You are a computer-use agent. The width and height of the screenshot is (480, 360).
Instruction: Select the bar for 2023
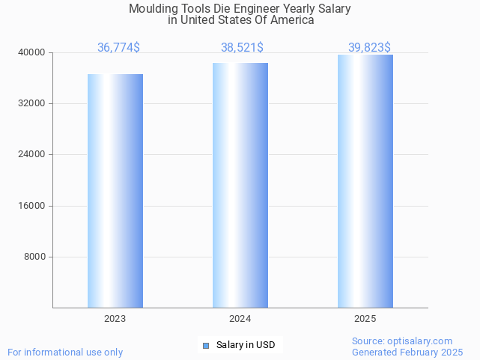tap(115, 191)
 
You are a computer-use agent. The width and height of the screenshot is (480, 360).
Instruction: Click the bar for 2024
tap(240, 185)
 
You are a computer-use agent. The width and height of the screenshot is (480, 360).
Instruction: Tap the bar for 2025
tap(365, 181)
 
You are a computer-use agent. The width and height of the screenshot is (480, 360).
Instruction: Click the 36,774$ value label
tap(118, 48)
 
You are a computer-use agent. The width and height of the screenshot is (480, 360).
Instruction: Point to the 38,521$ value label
tap(242, 48)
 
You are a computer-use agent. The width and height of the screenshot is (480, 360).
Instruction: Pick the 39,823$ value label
tap(369, 48)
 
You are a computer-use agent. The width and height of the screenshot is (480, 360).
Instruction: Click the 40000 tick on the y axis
tap(32, 52)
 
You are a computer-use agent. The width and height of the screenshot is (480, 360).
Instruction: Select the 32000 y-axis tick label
tap(32, 103)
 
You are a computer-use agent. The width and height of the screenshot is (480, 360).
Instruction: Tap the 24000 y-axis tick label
tap(32, 154)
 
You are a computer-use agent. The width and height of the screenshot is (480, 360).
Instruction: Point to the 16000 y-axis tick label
tap(32, 206)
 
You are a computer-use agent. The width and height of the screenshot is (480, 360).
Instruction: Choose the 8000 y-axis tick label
tap(34, 257)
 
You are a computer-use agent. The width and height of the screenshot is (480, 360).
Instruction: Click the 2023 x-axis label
tap(115, 319)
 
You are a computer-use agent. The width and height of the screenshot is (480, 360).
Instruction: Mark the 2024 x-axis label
tap(240, 319)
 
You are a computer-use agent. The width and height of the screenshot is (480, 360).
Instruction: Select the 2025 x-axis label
tap(365, 319)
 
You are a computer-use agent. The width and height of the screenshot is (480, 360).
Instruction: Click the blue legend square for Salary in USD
tap(206, 345)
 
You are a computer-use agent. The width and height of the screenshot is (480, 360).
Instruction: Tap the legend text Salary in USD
tap(246, 345)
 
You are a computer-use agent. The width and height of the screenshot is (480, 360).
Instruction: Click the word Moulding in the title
tap(152, 9)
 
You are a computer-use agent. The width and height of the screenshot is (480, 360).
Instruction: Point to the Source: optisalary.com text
tap(402, 341)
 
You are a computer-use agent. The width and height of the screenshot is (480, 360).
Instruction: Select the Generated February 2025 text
tap(407, 353)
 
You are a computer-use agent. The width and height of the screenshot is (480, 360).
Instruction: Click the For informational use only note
tap(65, 353)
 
